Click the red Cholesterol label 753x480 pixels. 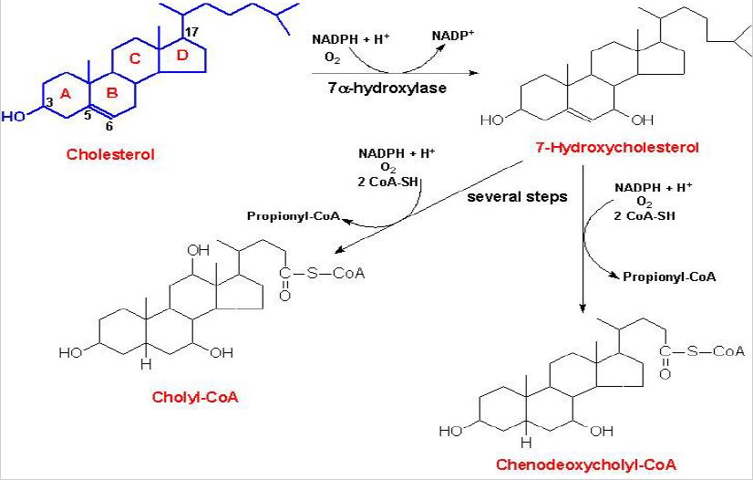[110, 154]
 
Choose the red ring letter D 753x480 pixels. [181, 57]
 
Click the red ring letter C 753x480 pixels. [136, 60]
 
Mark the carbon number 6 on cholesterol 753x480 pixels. [109, 125]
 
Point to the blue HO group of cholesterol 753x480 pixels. [14, 118]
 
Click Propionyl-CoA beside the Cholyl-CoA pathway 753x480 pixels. [288, 216]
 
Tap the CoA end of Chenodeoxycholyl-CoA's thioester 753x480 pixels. [729, 350]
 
